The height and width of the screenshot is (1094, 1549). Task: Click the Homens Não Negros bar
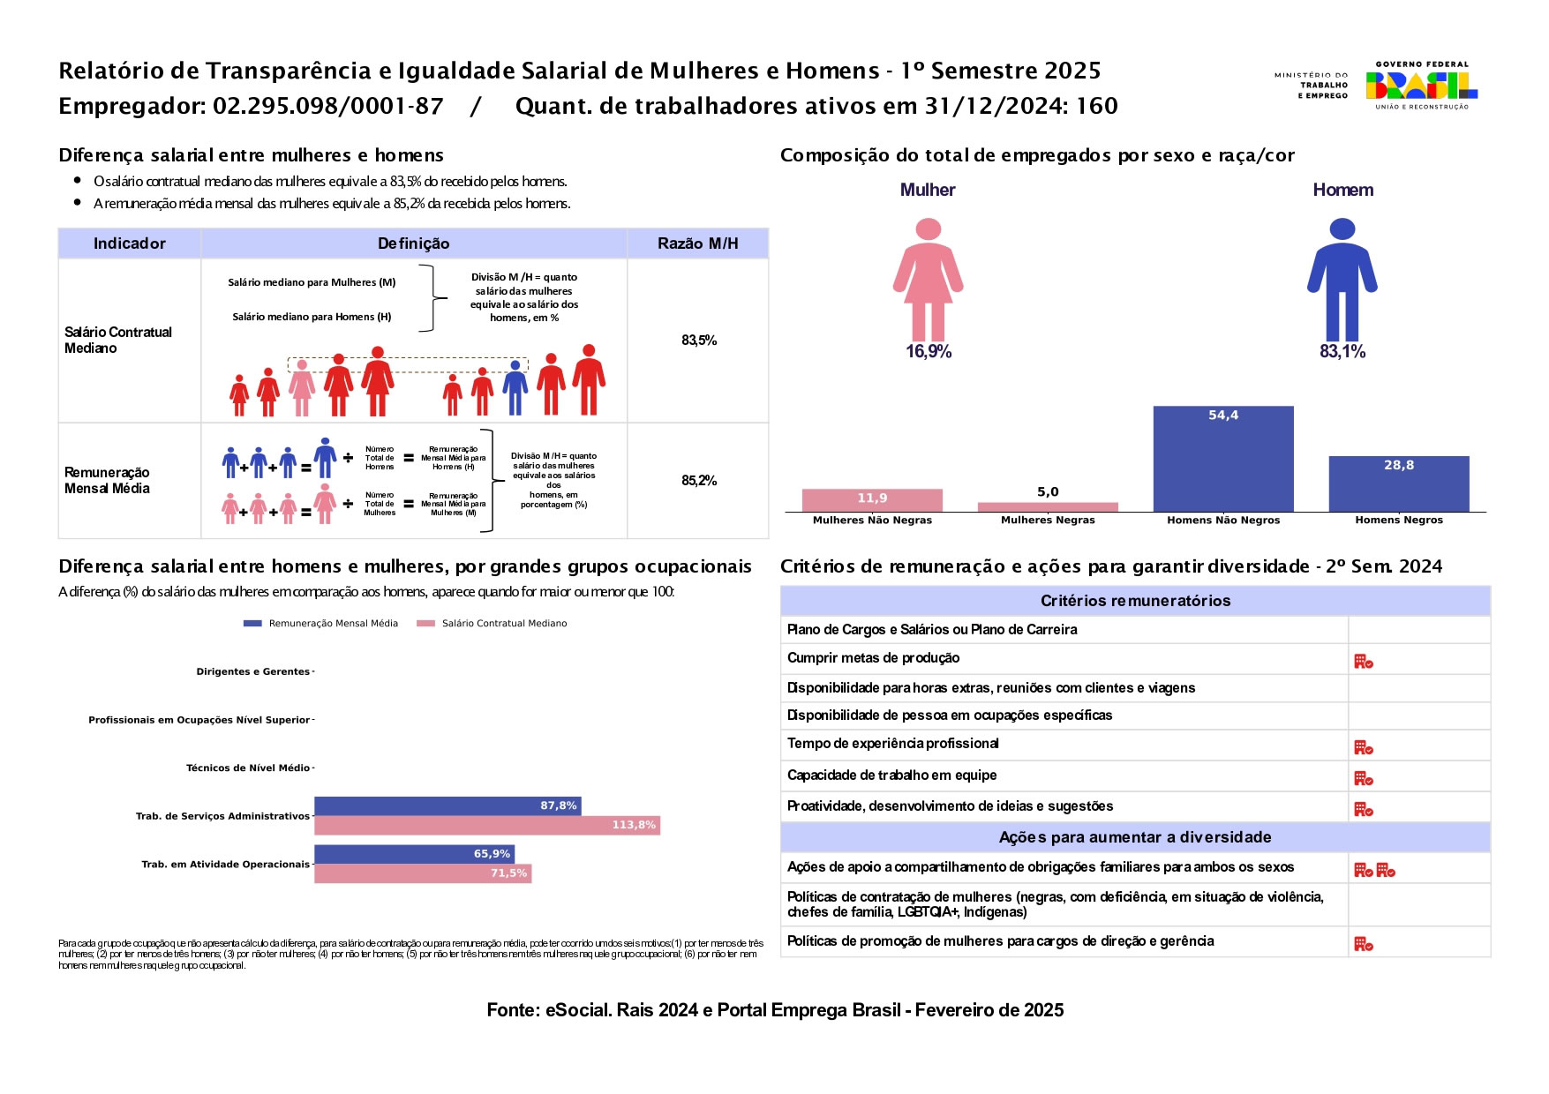(x=1222, y=459)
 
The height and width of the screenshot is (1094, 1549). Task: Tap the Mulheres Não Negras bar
(x=871, y=500)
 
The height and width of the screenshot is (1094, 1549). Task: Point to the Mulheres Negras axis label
(x=1047, y=521)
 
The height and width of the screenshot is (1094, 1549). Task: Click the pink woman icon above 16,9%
(x=928, y=280)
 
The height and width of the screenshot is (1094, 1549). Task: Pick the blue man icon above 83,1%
(x=1342, y=280)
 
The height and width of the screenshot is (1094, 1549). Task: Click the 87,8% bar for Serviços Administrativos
(x=447, y=806)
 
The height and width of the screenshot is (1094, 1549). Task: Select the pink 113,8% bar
(x=486, y=825)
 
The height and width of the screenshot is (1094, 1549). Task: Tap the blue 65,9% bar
(x=414, y=854)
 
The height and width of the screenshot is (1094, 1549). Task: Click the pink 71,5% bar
(x=423, y=873)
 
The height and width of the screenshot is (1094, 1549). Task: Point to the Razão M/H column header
(x=697, y=244)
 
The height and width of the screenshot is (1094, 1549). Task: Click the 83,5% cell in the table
(x=698, y=341)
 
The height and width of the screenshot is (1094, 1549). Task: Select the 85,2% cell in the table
(x=698, y=481)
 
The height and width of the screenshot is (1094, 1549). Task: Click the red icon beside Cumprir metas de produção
(x=1363, y=661)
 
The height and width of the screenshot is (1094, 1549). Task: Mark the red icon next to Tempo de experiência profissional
(x=1363, y=747)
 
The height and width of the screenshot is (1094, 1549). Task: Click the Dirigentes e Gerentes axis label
(x=253, y=672)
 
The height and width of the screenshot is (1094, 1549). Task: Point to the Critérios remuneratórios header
(x=1135, y=601)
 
